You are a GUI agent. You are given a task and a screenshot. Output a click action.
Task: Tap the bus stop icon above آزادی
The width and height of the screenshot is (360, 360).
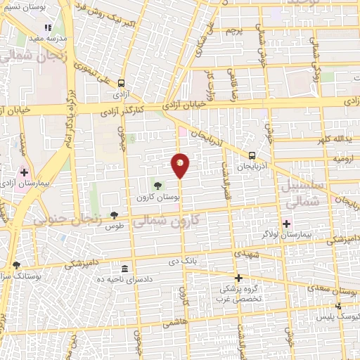122,82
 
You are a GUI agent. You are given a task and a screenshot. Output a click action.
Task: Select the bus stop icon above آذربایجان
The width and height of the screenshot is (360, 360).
252,155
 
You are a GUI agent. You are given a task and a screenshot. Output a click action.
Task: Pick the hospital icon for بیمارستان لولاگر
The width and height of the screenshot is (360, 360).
287,223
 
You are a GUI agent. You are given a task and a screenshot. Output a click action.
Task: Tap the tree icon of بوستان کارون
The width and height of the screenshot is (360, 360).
157,186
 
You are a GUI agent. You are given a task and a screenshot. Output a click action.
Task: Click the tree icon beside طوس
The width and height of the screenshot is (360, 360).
115,215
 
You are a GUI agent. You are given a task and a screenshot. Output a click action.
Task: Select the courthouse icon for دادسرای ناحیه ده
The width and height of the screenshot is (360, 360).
125,269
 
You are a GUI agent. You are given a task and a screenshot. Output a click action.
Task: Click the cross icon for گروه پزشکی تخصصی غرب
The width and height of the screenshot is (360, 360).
238,278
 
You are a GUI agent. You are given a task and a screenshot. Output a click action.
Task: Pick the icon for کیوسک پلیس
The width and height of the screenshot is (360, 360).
338,306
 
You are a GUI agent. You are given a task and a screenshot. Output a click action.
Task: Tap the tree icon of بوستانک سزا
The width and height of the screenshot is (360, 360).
16,265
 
